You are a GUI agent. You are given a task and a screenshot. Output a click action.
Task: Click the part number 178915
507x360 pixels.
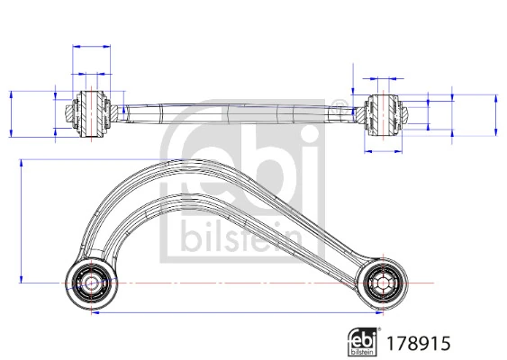click(417, 341)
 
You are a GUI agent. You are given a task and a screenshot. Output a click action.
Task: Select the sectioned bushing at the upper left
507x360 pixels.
click(92, 112)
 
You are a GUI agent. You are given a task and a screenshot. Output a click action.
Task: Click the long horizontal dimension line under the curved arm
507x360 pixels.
click(234, 314)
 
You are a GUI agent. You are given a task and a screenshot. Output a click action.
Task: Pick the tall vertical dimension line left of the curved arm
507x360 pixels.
click(23, 220)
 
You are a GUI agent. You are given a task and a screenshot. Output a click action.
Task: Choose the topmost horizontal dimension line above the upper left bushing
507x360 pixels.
click(92, 45)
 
